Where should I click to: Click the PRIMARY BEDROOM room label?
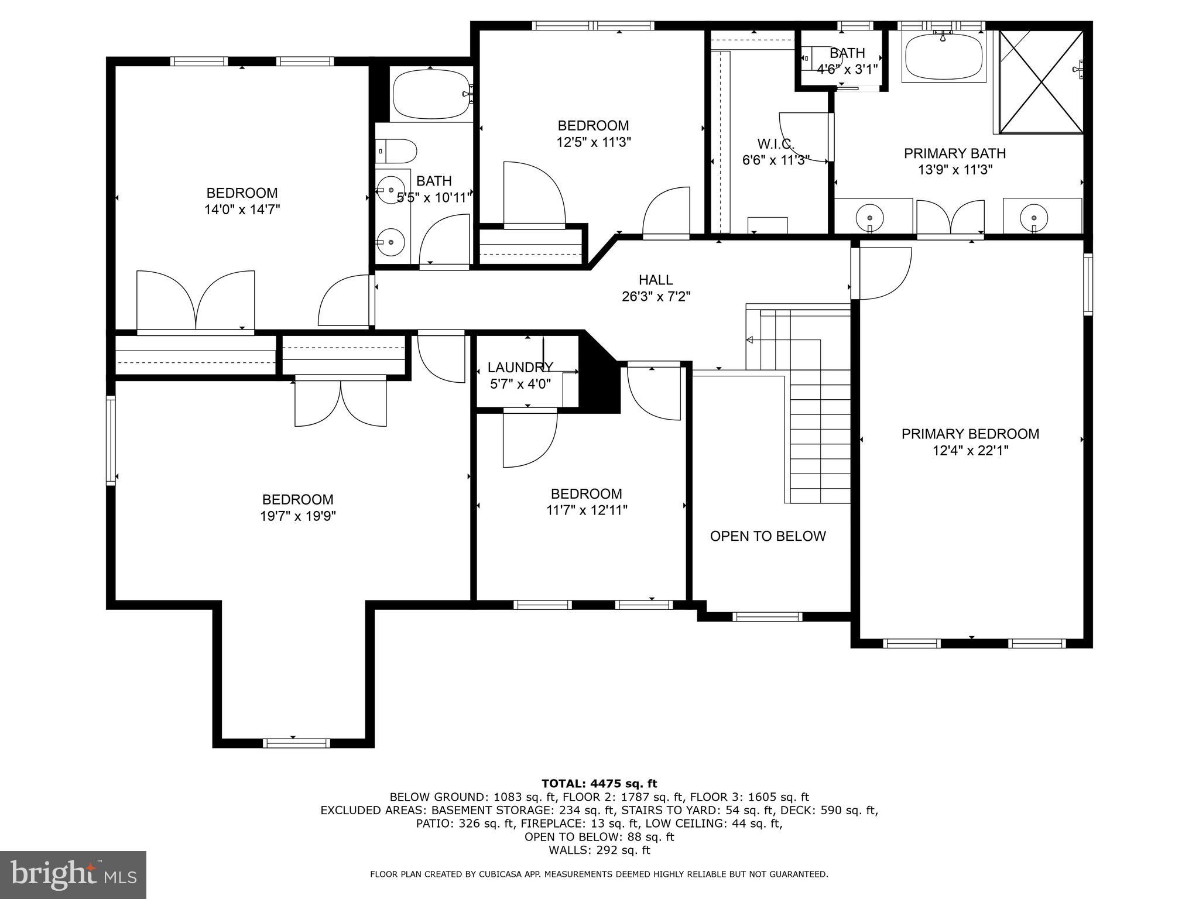tap(970, 434)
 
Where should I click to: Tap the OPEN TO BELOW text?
tap(768, 536)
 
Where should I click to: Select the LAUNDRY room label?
tap(520, 368)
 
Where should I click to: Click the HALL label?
tap(656, 280)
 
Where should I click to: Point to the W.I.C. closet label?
tap(775, 143)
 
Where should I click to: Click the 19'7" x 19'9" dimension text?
tap(297, 516)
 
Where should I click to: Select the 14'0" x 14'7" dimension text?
tap(242, 210)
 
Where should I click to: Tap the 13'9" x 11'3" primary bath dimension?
tap(955, 170)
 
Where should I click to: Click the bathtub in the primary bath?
tap(944, 55)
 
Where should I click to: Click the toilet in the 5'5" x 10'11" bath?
tap(396, 150)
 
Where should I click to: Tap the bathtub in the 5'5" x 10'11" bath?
tap(432, 94)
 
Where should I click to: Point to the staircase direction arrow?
tap(750, 339)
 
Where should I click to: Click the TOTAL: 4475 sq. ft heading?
tap(599, 784)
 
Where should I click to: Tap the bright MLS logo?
tap(73, 874)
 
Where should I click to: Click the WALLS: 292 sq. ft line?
tap(599, 850)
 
